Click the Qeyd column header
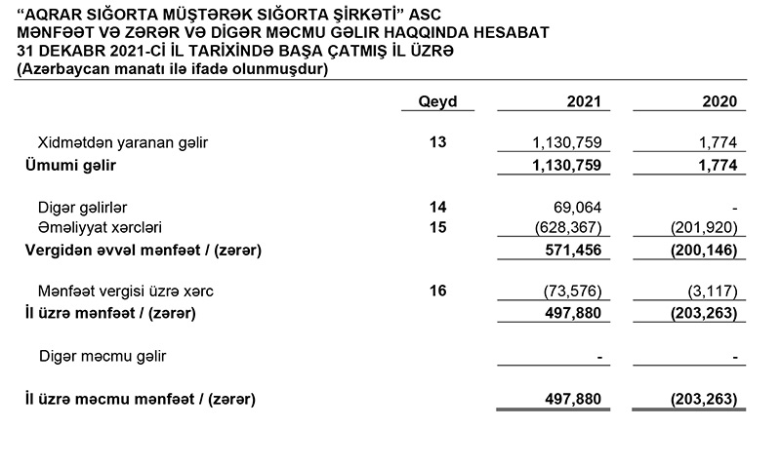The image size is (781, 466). [x=437, y=101]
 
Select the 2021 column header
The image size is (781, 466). [x=584, y=101]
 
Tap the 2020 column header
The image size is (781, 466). [x=719, y=101]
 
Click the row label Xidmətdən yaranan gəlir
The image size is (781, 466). [x=122, y=142]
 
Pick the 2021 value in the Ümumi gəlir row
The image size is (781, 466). [x=569, y=166]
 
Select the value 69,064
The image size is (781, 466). [x=579, y=207]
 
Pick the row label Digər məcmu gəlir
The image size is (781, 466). [x=103, y=356]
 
